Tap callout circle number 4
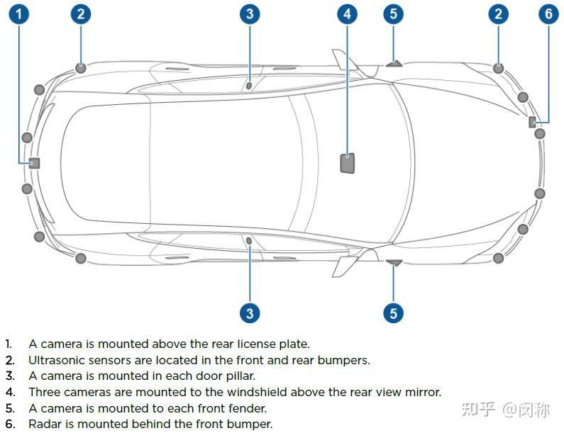pyautogui.click(x=347, y=13)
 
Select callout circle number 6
pyautogui.click(x=548, y=13)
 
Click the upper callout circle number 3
pyautogui.click(x=249, y=13)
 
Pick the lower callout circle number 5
pyautogui.click(x=394, y=313)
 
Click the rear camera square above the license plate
pyautogui.click(x=34, y=163)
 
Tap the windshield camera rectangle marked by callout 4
pyautogui.click(x=347, y=163)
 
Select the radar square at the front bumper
pyautogui.click(x=532, y=122)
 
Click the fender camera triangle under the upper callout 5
pyautogui.click(x=394, y=63)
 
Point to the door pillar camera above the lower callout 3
pyautogui.click(x=249, y=242)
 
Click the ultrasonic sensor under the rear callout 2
pyautogui.click(x=81, y=68)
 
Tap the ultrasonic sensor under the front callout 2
pyautogui.click(x=499, y=68)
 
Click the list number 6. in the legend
pyautogui.click(x=9, y=424)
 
